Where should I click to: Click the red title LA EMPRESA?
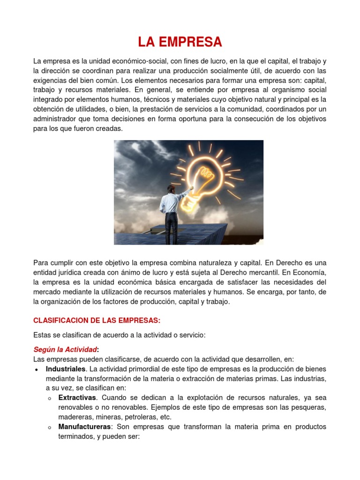(x=180, y=42)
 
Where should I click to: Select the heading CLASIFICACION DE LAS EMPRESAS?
(x=97, y=320)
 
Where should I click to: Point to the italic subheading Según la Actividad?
(x=65, y=349)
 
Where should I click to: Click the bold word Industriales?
(x=66, y=369)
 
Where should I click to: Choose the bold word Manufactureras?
(x=85, y=427)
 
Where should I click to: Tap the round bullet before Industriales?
(x=37, y=370)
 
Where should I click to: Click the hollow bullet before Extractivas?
(x=49, y=398)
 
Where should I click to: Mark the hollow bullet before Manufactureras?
(x=49, y=427)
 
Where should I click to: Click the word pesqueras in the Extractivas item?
(x=307, y=407)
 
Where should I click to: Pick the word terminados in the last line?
(x=78, y=436)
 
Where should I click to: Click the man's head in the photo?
(x=172, y=189)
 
